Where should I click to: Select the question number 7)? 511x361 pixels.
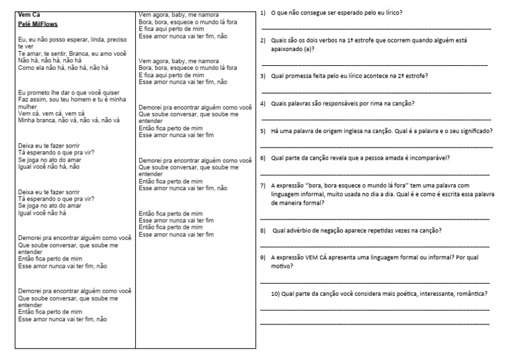(x=263, y=185)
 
